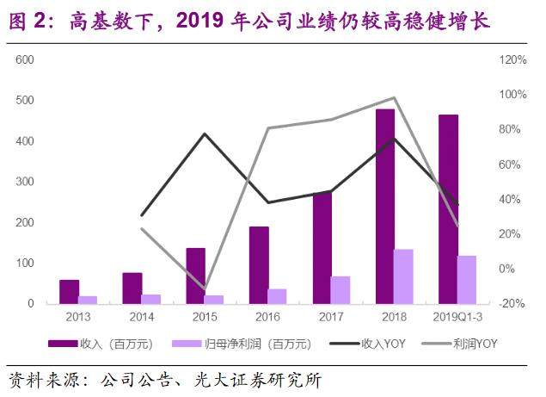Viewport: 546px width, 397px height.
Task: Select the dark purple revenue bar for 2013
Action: [70, 292]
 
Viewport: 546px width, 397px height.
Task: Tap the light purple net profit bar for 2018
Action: [404, 276]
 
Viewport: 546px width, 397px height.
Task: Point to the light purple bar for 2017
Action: [340, 290]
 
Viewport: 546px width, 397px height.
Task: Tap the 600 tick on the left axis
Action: [25, 59]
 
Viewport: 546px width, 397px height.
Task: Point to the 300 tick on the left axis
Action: [25, 182]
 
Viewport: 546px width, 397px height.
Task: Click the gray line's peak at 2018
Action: [395, 97]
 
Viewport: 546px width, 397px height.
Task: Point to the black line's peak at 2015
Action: [205, 133]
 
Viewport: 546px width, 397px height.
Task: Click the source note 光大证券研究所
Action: [259, 379]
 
